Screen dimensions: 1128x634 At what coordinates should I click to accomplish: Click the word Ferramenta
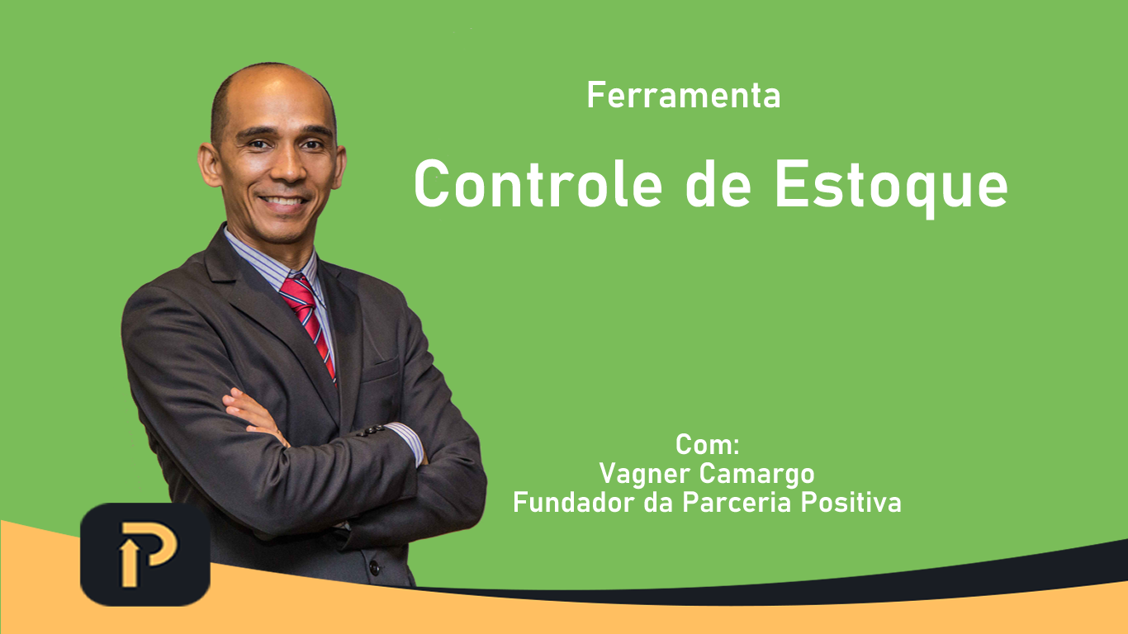click(684, 95)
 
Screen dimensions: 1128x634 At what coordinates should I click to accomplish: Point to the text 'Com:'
click(707, 444)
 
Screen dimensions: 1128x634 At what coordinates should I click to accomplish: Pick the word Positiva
click(851, 502)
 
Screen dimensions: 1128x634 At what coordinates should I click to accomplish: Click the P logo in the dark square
click(146, 554)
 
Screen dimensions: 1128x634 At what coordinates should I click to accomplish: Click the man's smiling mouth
click(283, 201)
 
